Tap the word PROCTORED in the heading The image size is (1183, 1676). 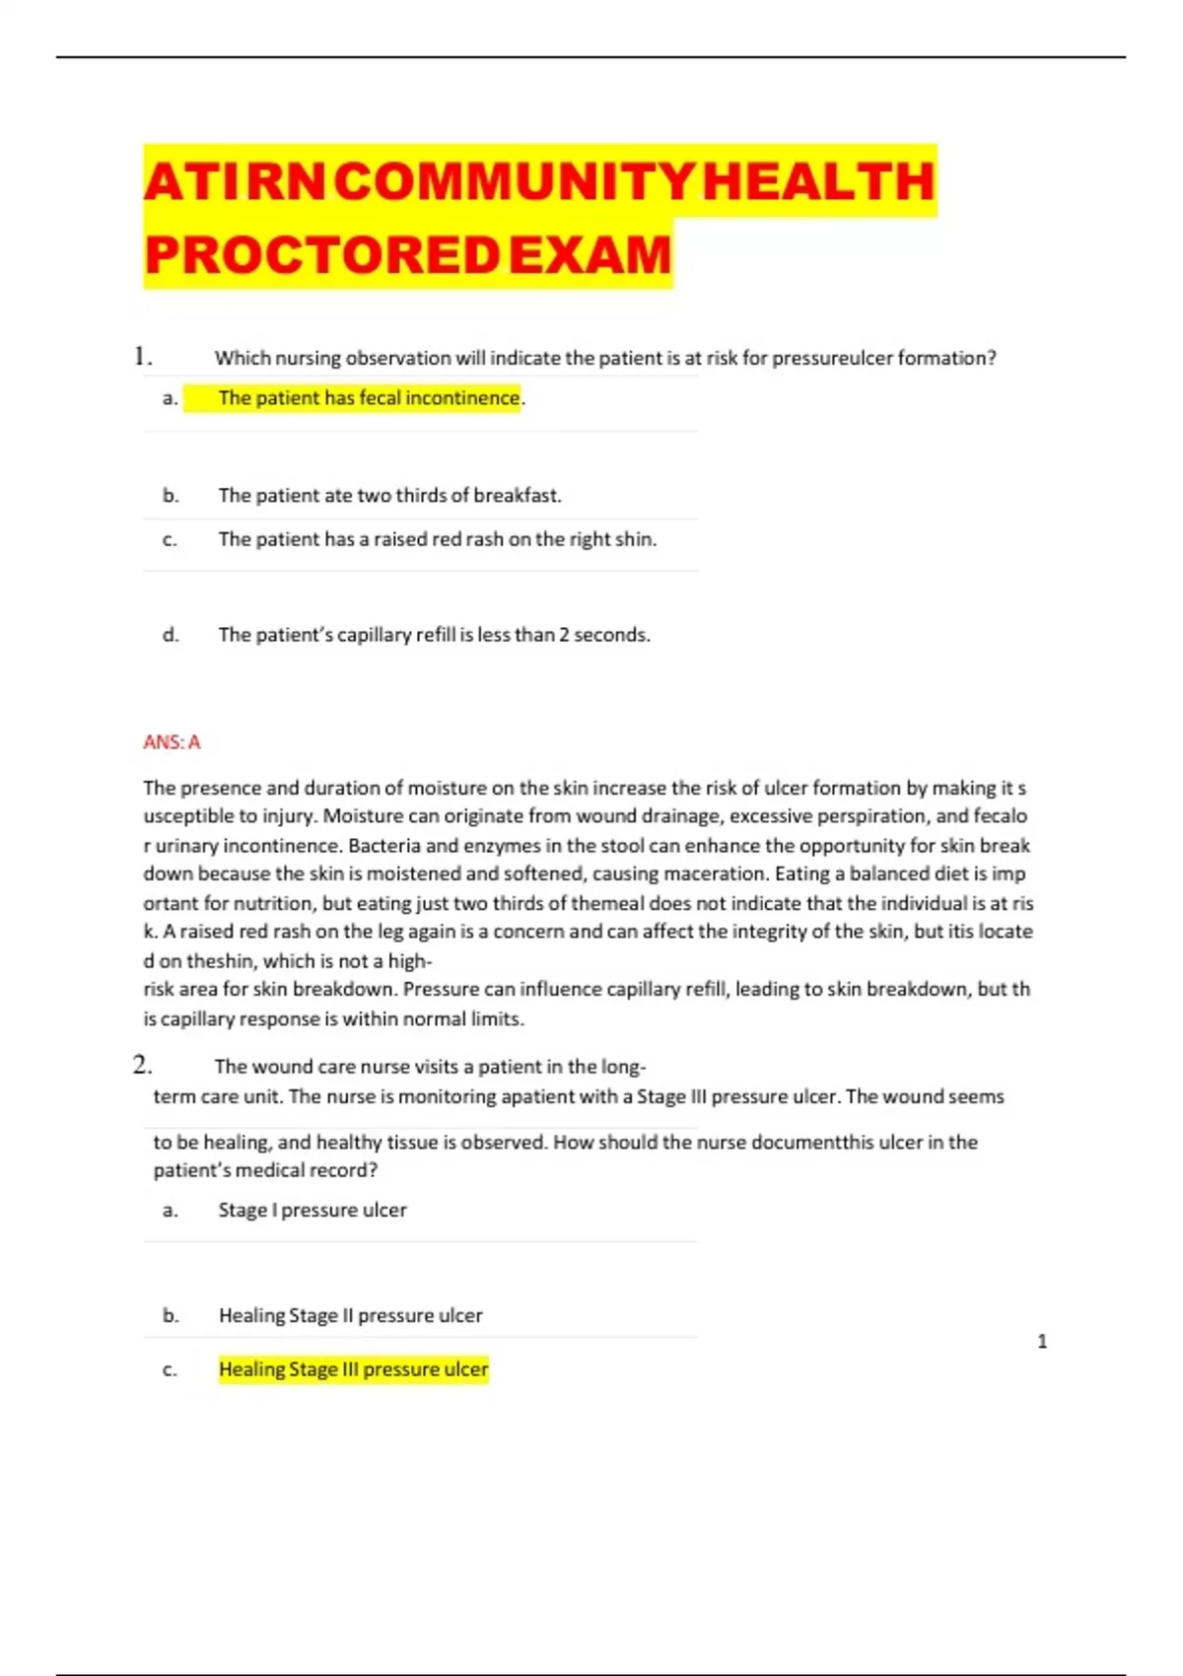pyautogui.click(x=321, y=255)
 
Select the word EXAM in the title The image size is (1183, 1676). pyautogui.click(x=590, y=255)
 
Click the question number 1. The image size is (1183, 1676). pyautogui.click(x=142, y=356)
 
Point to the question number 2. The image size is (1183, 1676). pyautogui.click(x=142, y=1065)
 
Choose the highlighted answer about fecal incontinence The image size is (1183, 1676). pyautogui.click(x=369, y=397)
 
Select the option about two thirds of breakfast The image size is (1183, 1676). pyautogui.click(x=389, y=495)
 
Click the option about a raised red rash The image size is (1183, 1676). pyautogui.click(x=437, y=539)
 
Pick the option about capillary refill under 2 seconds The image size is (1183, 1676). pyautogui.click(x=434, y=635)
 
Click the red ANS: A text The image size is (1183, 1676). pyautogui.click(x=172, y=742)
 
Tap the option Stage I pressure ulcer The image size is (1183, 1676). pyautogui.click(x=312, y=1210)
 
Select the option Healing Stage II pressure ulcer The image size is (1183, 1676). pyautogui.click(x=350, y=1315)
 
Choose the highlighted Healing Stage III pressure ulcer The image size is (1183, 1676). pyautogui.click(x=353, y=1369)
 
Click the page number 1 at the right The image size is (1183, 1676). pyautogui.click(x=1042, y=1341)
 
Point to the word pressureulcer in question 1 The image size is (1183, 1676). pyautogui.click(x=831, y=358)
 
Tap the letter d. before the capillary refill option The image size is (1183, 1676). pyautogui.click(x=171, y=635)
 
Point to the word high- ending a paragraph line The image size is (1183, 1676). pyautogui.click(x=409, y=961)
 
